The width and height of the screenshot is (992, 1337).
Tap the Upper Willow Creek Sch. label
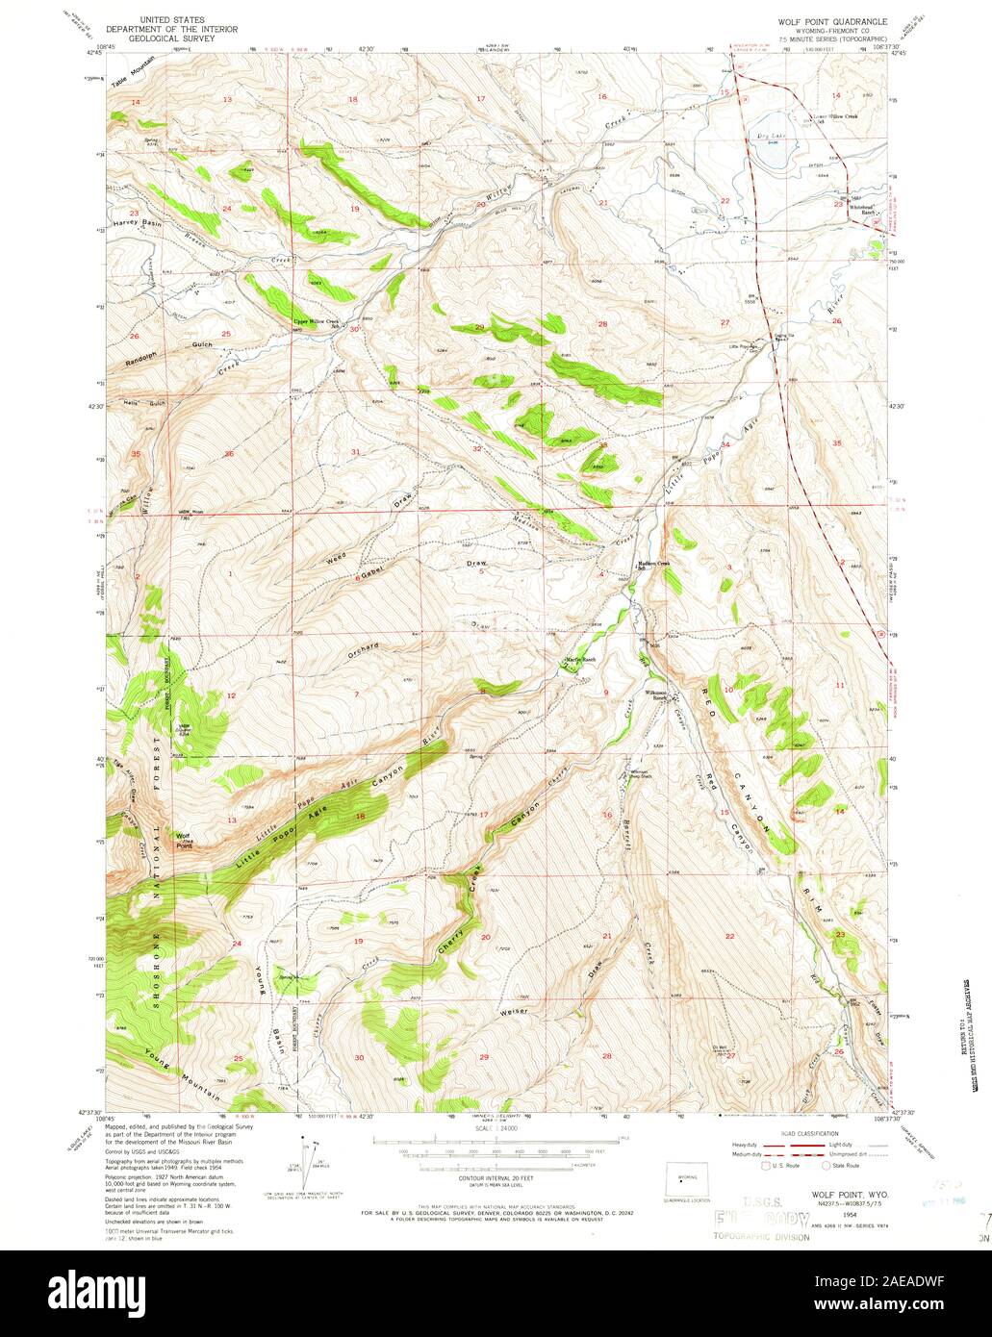click(317, 323)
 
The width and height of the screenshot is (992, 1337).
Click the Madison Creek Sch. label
click(649, 565)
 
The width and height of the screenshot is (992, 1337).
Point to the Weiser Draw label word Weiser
click(516, 1011)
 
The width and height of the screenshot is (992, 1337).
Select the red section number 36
click(229, 454)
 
